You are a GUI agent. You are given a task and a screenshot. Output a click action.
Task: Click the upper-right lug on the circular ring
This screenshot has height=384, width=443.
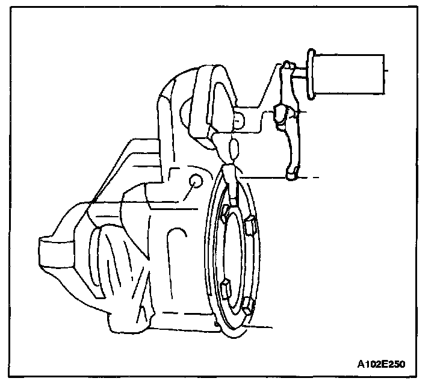pyautogui.click(x=251, y=226)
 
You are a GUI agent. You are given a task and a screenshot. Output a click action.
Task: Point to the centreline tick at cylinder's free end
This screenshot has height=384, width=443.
pyautogui.click(x=387, y=70)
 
